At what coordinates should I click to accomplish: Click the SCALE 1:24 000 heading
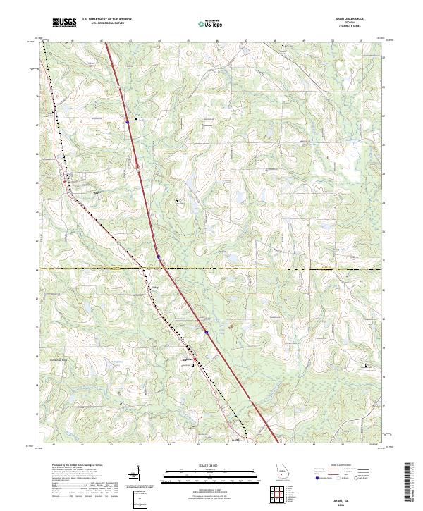point(211,466)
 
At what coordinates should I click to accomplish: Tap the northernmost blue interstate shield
point(128,121)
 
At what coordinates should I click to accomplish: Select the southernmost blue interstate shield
point(207,331)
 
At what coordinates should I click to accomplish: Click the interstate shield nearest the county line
point(159,257)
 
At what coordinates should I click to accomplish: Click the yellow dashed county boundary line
point(282,269)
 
